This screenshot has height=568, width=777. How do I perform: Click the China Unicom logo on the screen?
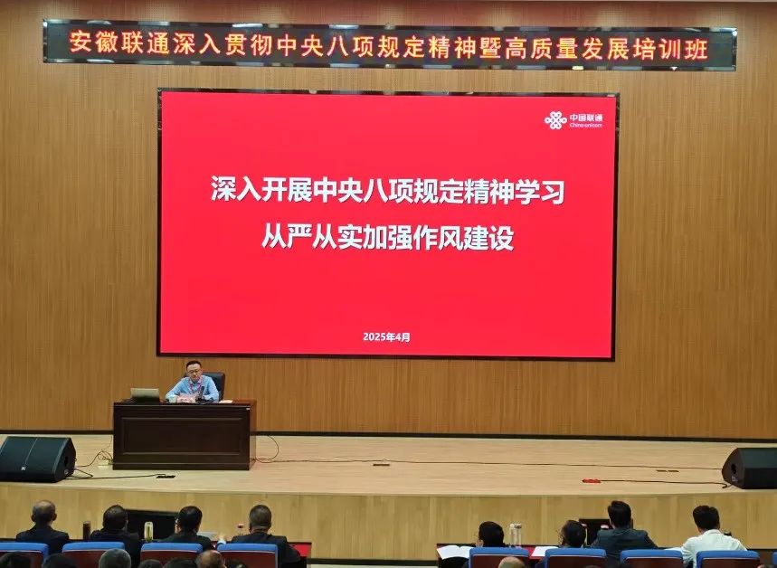[x=573, y=120]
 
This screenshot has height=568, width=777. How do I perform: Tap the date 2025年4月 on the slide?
[x=386, y=337]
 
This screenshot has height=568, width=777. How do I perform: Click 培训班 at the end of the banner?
[x=676, y=49]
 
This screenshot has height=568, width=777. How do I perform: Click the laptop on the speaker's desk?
[x=145, y=394]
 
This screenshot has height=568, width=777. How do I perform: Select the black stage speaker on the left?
[x=37, y=459]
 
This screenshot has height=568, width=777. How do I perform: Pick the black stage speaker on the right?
[x=750, y=468]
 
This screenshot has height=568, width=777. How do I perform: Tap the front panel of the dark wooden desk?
[x=183, y=436]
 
